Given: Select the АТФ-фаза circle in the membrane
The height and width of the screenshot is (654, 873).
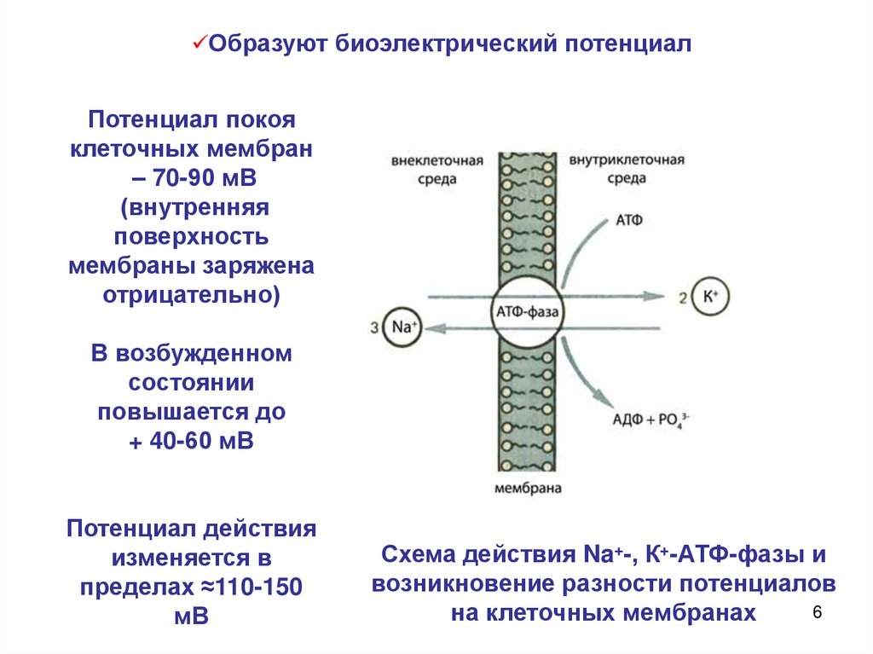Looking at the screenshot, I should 524,311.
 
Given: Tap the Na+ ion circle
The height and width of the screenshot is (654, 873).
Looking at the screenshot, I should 402,327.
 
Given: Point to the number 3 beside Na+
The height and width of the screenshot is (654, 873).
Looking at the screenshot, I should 376,327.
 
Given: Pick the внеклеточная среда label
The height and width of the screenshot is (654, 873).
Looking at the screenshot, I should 437,170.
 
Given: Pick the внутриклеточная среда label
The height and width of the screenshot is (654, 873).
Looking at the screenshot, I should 627,170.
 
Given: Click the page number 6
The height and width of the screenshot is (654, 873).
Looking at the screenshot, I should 818,612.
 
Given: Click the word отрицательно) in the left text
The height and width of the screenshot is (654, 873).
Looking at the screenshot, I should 192,294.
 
